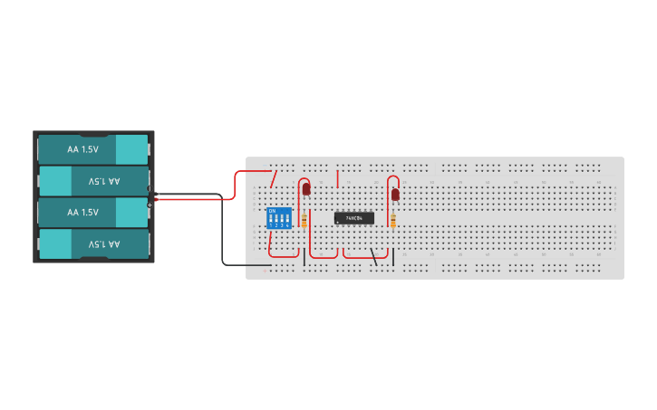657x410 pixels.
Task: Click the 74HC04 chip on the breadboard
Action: coord(353,218)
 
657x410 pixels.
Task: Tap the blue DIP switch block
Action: coord(279,218)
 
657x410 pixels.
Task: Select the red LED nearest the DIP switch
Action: coord(306,189)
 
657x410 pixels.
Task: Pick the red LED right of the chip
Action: coord(395,194)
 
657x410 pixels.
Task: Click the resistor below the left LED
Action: coord(304,220)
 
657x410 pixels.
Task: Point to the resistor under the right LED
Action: coord(393,220)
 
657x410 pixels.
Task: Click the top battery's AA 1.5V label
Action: coord(82,148)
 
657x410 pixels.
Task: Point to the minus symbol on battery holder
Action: coord(150,205)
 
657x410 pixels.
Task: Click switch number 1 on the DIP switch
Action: coord(271,220)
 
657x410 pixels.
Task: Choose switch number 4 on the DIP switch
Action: coord(287,220)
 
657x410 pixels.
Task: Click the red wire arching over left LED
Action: coord(300,181)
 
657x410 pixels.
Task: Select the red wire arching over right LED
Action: coord(390,181)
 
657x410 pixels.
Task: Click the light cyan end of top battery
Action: coord(131,148)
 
